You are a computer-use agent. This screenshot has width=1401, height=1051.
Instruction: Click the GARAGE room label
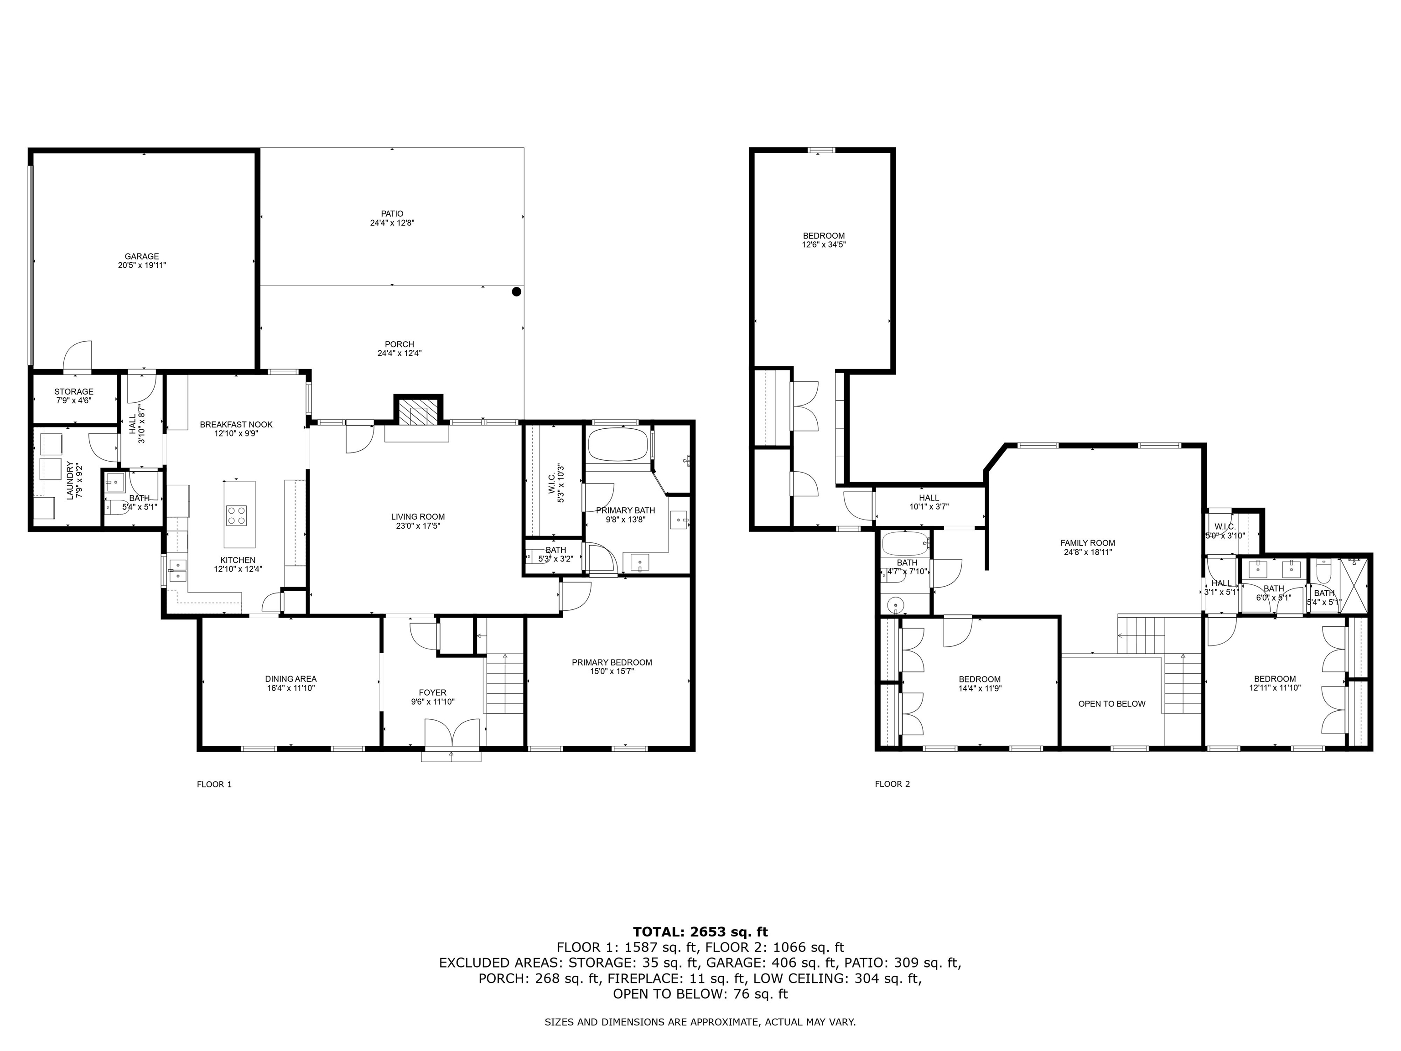point(141,256)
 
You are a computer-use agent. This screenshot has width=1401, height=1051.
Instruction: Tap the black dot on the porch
point(516,292)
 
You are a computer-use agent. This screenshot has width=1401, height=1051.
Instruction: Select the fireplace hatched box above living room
point(418,412)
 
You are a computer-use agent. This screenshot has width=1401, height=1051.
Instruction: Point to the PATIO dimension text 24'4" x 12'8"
point(392,223)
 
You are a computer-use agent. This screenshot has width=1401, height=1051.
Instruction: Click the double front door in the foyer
point(451,735)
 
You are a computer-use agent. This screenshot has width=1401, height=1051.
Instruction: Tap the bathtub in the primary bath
point(617,445)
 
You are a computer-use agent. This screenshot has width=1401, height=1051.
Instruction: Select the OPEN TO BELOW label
point(1111,704)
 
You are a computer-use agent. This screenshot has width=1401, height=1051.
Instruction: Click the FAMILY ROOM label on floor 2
point(1088,543)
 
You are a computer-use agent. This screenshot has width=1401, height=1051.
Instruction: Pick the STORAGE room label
point(73,391)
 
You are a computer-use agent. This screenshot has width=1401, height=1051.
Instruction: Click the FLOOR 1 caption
point(214,784)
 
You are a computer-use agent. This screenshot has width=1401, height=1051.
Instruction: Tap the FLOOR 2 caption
point(892,784)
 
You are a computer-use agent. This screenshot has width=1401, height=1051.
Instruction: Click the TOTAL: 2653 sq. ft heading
point(700,932)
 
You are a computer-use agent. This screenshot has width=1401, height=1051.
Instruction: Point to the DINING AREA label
point(291,679)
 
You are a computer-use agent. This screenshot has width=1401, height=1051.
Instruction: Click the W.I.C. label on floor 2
point(1225,527)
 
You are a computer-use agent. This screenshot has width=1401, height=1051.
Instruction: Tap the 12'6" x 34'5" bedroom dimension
point(823,245)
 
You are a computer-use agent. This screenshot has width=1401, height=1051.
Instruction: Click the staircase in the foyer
point(505,684)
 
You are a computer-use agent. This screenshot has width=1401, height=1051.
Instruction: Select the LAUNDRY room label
point(70,480)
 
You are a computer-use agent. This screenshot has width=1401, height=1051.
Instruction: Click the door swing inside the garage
point(79,355)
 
